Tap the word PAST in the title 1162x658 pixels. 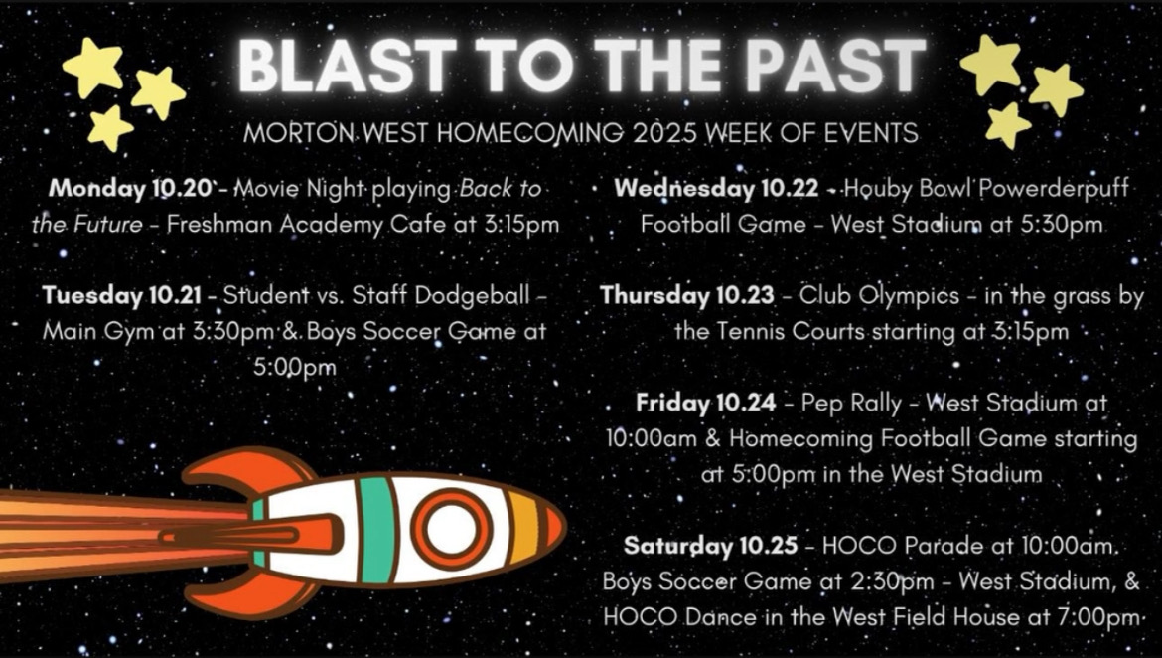click(835, 66)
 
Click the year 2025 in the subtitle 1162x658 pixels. click(664, 133)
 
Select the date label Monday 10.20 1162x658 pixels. click(130, 189)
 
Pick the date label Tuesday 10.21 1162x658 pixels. click(121, 295)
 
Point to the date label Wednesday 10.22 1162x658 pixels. click(716, 189)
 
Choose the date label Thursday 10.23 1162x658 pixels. click(687, 296)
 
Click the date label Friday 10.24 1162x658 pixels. click(705, 403)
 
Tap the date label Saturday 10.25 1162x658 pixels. click(711, 546)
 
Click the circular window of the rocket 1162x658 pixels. click(453, 529)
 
